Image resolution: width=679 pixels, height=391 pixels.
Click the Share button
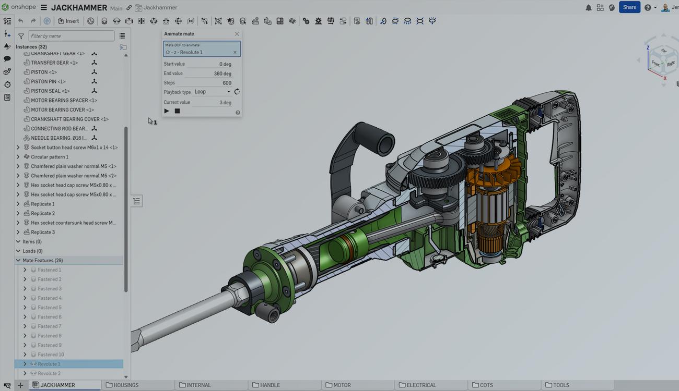[x=629, y=7]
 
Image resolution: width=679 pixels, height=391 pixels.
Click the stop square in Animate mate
[x=177, y=111]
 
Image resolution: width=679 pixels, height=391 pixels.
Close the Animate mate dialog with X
[x=237, y=34]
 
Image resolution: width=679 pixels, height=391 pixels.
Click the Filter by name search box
[x=72, y=36]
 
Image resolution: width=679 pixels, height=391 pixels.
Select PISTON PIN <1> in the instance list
[x=48, y=81]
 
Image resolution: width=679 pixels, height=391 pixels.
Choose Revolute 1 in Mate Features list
[x=49, y=364]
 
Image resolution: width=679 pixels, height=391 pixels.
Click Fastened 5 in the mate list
[x=50, y=308]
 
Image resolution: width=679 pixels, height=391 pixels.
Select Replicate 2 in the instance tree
[x=43, y=213]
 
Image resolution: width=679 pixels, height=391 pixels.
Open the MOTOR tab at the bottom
[x=342, y=385]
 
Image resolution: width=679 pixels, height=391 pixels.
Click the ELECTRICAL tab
[x=420, y=385]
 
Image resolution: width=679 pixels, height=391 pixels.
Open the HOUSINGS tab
[x=125, y=385]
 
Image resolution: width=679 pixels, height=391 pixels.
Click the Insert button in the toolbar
[x=68, y=21]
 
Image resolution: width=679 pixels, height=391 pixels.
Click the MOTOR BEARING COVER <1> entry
[x=62, y=109]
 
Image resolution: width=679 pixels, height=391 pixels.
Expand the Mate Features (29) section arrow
[x=18, y=260]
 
